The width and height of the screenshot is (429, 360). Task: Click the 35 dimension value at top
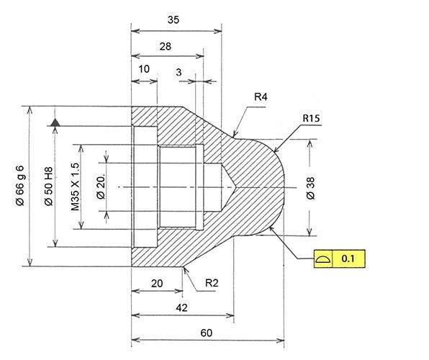pos(173,19)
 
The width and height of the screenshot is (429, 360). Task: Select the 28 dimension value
pos(166,46)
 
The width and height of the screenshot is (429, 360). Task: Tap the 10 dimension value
pos(144,69)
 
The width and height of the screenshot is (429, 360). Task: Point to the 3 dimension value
pos(179,72)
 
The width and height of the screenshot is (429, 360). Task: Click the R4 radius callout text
pos(261,96)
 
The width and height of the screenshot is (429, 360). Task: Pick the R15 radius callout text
pos(312,118)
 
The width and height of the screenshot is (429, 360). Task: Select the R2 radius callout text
pos(212,283)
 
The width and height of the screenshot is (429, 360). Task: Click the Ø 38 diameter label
pos(311,188)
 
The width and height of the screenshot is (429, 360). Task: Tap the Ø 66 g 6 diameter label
pos(20,185)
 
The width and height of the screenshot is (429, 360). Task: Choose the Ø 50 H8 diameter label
pos(48,186)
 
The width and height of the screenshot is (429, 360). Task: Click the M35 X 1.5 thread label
pos(75,187)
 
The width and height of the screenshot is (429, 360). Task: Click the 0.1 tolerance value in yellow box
pos(348,258)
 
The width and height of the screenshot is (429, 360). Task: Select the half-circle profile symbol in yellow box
pos(323,258)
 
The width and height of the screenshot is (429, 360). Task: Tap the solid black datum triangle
pos(55,122)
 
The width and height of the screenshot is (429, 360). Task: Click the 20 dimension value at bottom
pos(157,284)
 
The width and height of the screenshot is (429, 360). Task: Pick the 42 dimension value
pos(181,307)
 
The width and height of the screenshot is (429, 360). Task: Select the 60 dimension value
pos(207,333)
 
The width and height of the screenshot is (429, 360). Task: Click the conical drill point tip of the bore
pos(235,187)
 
